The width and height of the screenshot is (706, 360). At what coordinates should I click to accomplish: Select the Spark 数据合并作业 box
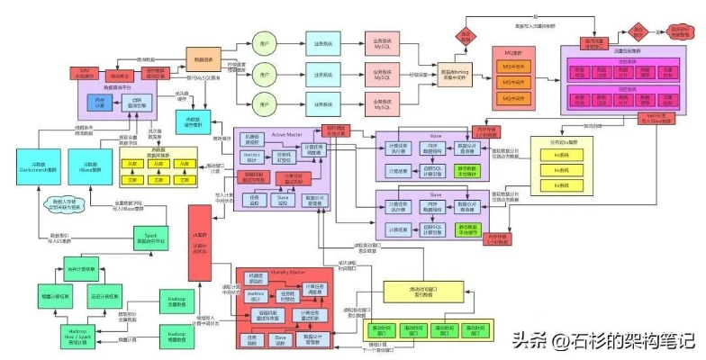[x=149, y=238]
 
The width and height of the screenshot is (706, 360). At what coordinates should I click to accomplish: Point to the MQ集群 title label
[x=513, y=54]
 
